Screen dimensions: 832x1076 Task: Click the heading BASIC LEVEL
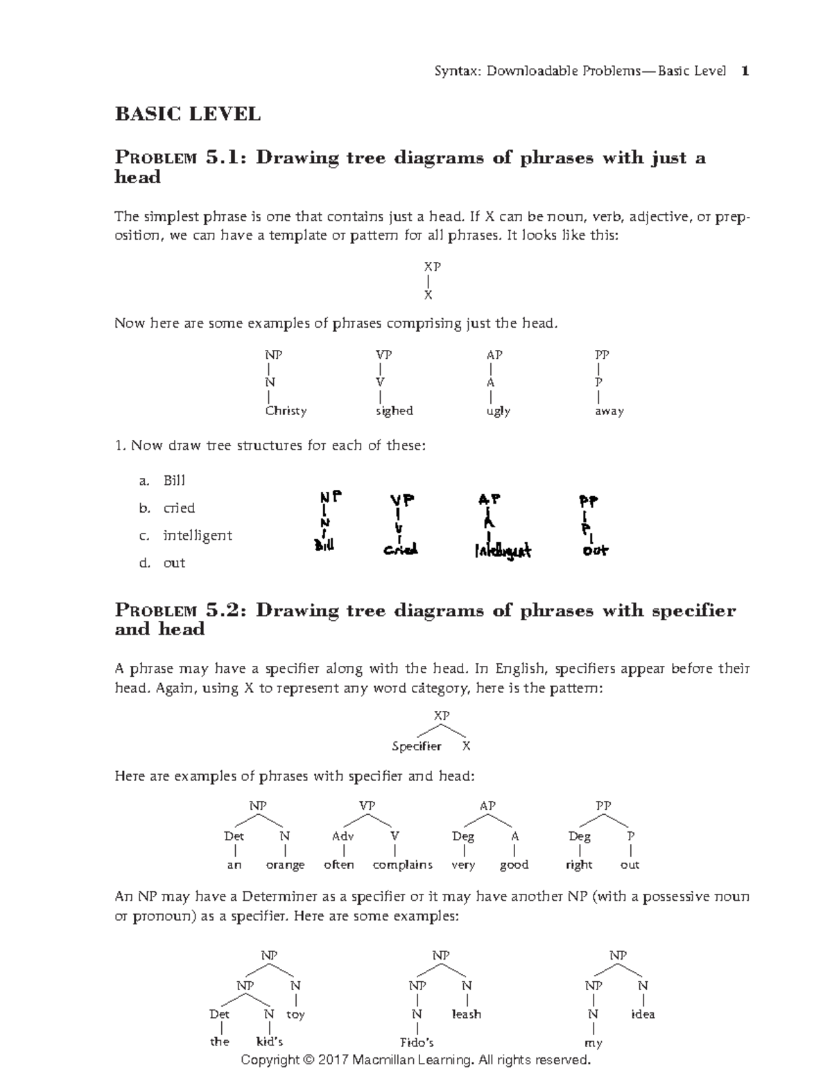pyautogui.click(x=187, y=114)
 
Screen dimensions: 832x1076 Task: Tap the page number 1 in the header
pyautogui.click(x=745, y=71)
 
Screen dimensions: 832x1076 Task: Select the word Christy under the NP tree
pyautogui.click(x=286, y=411)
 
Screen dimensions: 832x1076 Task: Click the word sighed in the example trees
pyautogui.click(x=394, y=411)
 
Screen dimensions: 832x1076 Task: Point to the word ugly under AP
pyautogui.click(x=499, y=411)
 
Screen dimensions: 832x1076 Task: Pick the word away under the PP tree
pyautogui.click(x=609, y=411)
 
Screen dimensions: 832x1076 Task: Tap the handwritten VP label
pyautogui.click(x=401, y=500)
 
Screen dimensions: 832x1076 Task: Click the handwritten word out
pyautogui.click(x=595, y=551)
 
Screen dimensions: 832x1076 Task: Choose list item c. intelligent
pyautogui.click(x=197, y=536)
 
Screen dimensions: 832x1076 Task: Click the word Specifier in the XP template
pyautogui.click(x=416, y=746)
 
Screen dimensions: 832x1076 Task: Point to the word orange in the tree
pyautogui.click(x=285, y=865)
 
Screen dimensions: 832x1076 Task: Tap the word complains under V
pyautogui.click(x=402, y=865)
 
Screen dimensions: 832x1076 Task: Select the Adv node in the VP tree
pyautogui.click(x=343, y=836)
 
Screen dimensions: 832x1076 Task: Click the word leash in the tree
pyautogui.click(x=466, y=1014)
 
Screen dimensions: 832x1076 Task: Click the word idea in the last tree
pyautogui.click(x=643, y=1014)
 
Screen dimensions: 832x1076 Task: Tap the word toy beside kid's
pyautogui.click(x=295, y=1014)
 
